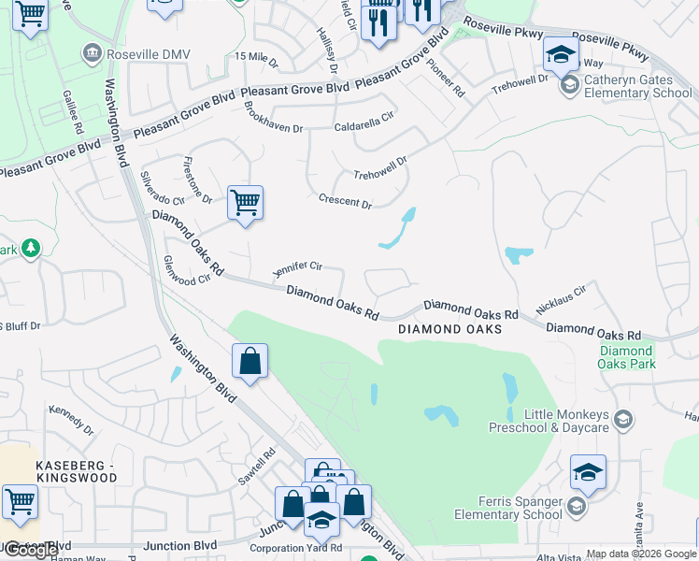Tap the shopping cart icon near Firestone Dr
245,202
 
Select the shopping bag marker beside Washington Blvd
250,361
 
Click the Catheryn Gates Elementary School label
637,87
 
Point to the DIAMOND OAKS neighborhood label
449,329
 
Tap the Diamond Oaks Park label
627,357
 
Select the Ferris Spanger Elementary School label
507,508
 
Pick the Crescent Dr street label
345,201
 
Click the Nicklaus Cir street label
561,299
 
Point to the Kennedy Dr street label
72,420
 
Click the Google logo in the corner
31,550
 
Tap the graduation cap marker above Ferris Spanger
588,472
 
